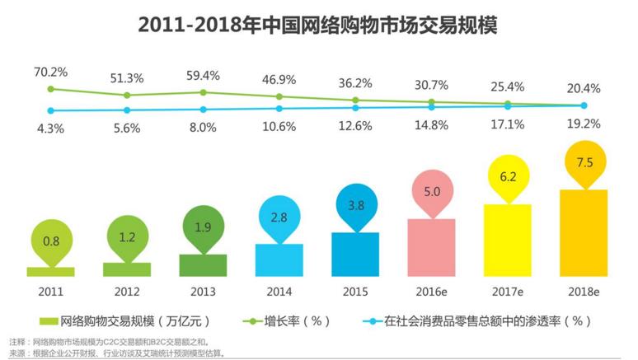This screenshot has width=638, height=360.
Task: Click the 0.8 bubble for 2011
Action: click(49, 241)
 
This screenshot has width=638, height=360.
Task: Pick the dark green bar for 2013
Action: click(202, 264)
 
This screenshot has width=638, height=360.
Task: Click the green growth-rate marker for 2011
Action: click(51, 89)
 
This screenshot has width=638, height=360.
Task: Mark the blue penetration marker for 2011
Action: click(51, 110)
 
